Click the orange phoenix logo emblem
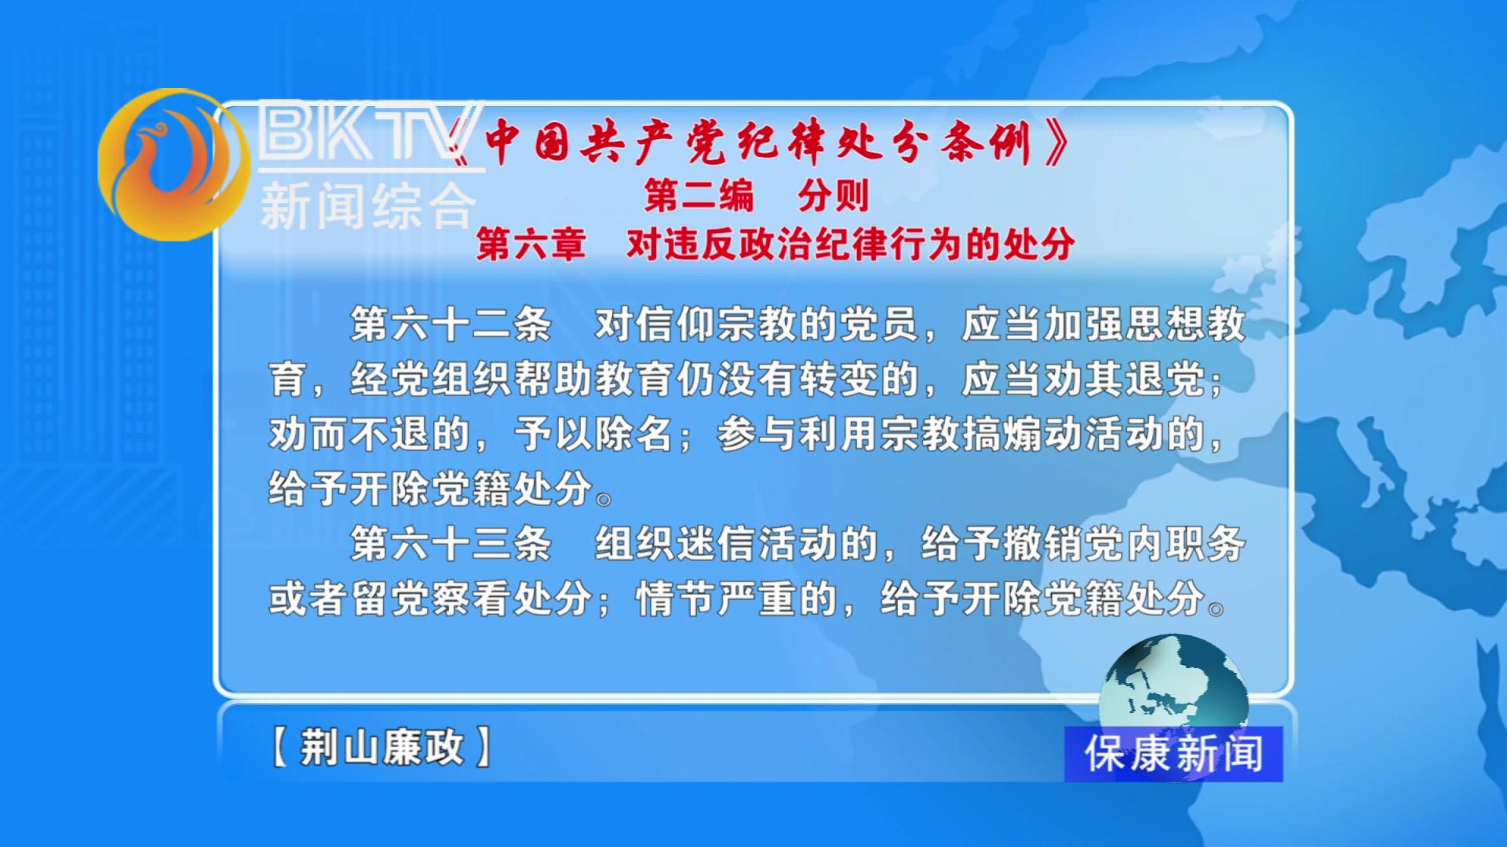[173, 164]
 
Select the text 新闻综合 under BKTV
[368, 206]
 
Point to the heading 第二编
[699, 195]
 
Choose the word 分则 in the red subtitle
[834, 195]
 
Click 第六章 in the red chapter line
[531, 244]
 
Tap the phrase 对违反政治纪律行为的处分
[850, 244]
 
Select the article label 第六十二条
[451, 324]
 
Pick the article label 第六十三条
[451, 543]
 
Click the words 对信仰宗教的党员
[756, 324]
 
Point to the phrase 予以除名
[593, 434]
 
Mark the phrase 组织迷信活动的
[736, 543]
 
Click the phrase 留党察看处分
[472, 598]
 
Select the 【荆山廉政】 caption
[381, 746]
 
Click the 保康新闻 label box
[1173, 754]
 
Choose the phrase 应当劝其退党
[1083, 379]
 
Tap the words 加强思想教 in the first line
[1144, 324]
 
